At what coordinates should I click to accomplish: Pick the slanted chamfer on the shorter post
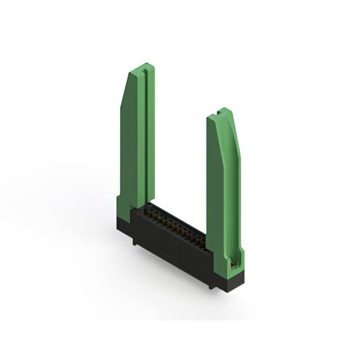(x=235, y=135)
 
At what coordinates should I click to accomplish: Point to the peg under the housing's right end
(x=211, y=285)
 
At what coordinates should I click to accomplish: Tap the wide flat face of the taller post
(x=131, y=146)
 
